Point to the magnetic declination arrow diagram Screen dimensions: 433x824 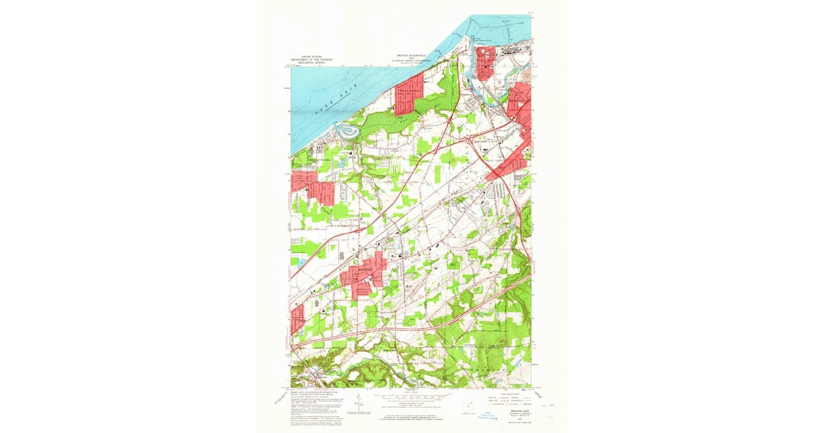coord(358,405)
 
